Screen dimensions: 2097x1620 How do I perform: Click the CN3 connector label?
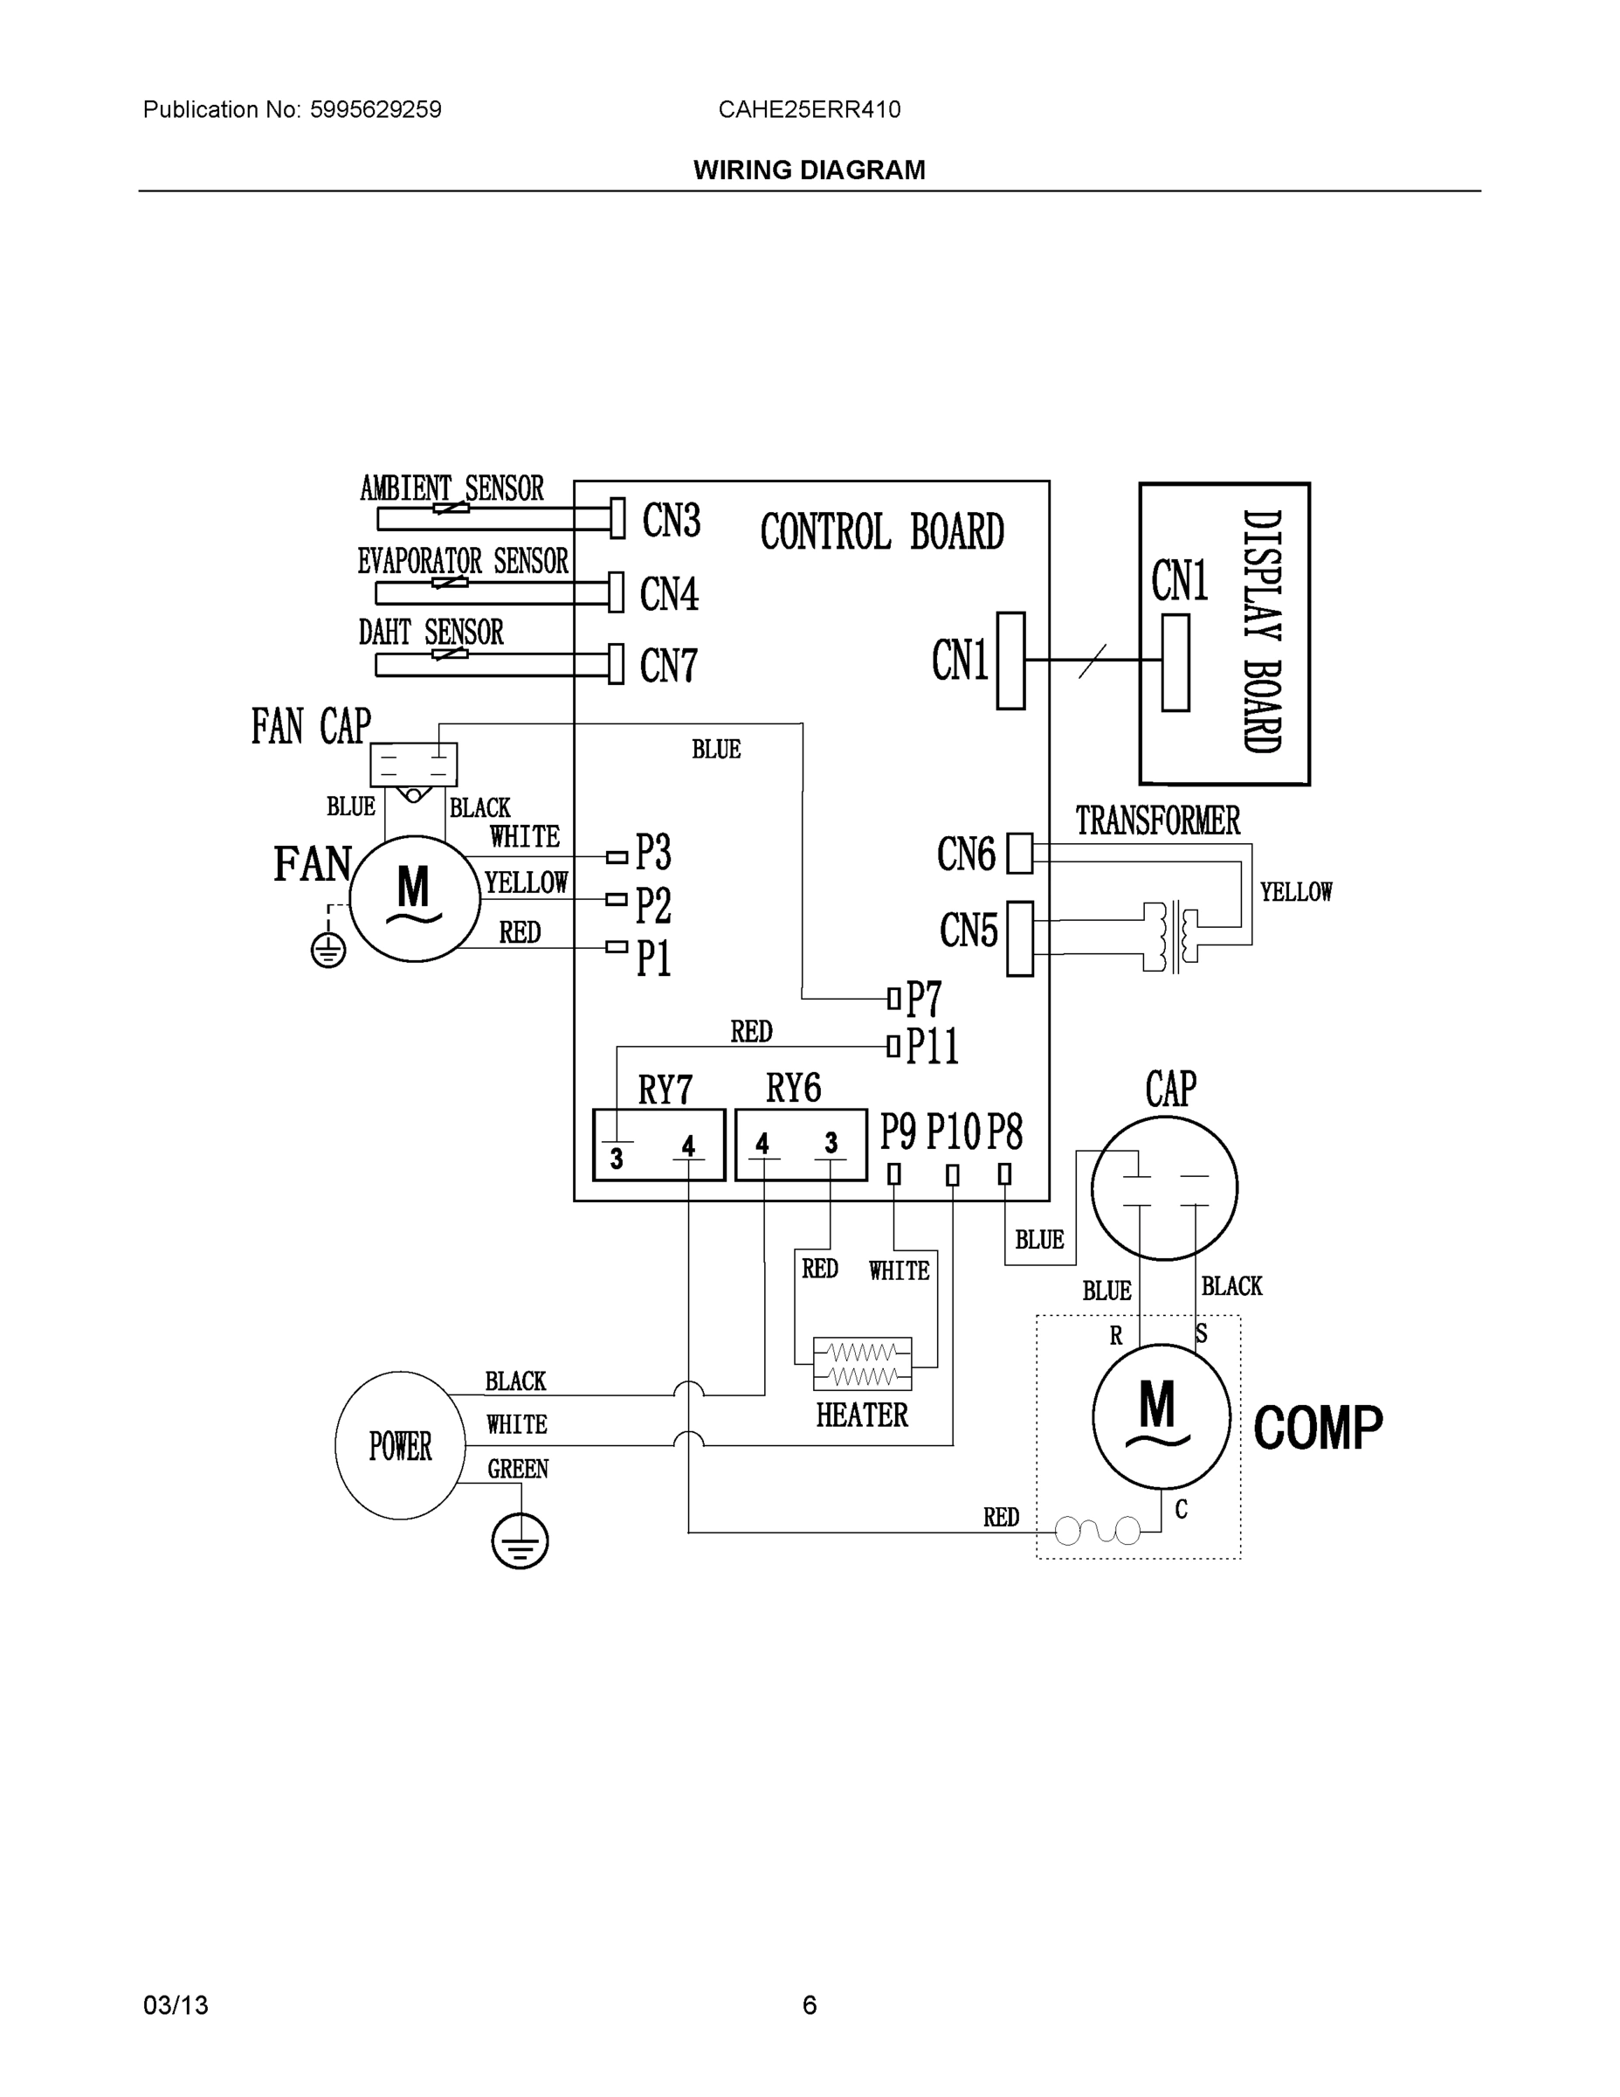pos(671,521)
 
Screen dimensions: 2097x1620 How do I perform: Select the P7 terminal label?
pos(924,1000)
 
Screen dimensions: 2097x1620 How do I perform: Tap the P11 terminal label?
pos(932,1046)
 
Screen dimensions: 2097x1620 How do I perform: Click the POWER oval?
pos(400,1445)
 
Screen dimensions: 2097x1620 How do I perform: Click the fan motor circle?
pos(414,899)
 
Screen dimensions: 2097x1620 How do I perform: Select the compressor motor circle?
pos(1162,1415)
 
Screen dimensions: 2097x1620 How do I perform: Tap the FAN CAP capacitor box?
pos(414,765)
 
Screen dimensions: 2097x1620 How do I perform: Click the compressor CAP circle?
pos(1164,1187)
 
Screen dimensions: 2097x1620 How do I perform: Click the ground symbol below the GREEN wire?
pos(520,1542)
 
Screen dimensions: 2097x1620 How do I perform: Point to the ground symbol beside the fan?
pos(328,951)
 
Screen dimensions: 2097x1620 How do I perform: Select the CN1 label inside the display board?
pos(1180,581)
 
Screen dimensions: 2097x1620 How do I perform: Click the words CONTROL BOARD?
pos(882,532)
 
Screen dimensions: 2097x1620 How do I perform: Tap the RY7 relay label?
pos(665,1090)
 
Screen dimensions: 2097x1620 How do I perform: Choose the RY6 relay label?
pos(793,1088)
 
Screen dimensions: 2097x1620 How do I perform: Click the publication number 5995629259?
pos(376,109)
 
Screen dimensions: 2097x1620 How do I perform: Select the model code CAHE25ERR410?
pos(809,109)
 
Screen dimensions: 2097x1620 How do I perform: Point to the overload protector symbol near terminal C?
pos(1098,1531)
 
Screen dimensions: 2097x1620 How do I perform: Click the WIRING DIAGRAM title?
pos(809,170)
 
